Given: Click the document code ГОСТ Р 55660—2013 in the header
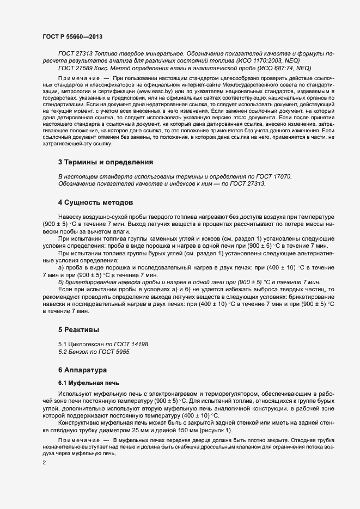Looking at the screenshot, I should pyautogui.click(x=72, y=36).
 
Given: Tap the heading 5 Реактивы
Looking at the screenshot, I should pyautogui.click(x=78, y=329).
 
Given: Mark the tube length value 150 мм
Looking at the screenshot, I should pyautogui.click(x=182, y=431).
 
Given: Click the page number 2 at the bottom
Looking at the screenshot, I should pyautogui.click(x=44, y=463).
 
